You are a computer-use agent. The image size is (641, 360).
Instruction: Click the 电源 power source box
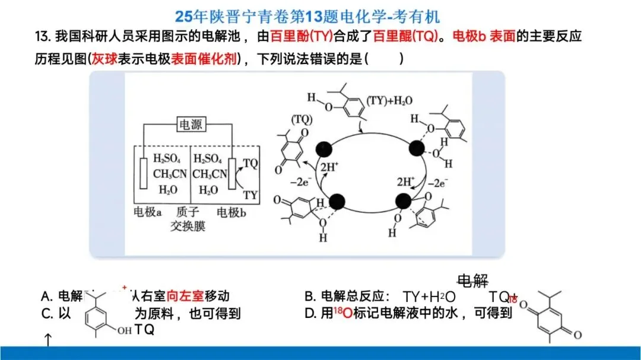(x=191, y=126)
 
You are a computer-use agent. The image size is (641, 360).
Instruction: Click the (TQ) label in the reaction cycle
(x=302, y=120)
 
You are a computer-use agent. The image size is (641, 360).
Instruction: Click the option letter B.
(x=309, y=296)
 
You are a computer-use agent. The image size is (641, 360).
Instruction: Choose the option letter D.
(x=309, y=314)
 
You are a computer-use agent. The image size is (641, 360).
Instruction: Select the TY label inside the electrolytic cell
(x=250, y=194)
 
